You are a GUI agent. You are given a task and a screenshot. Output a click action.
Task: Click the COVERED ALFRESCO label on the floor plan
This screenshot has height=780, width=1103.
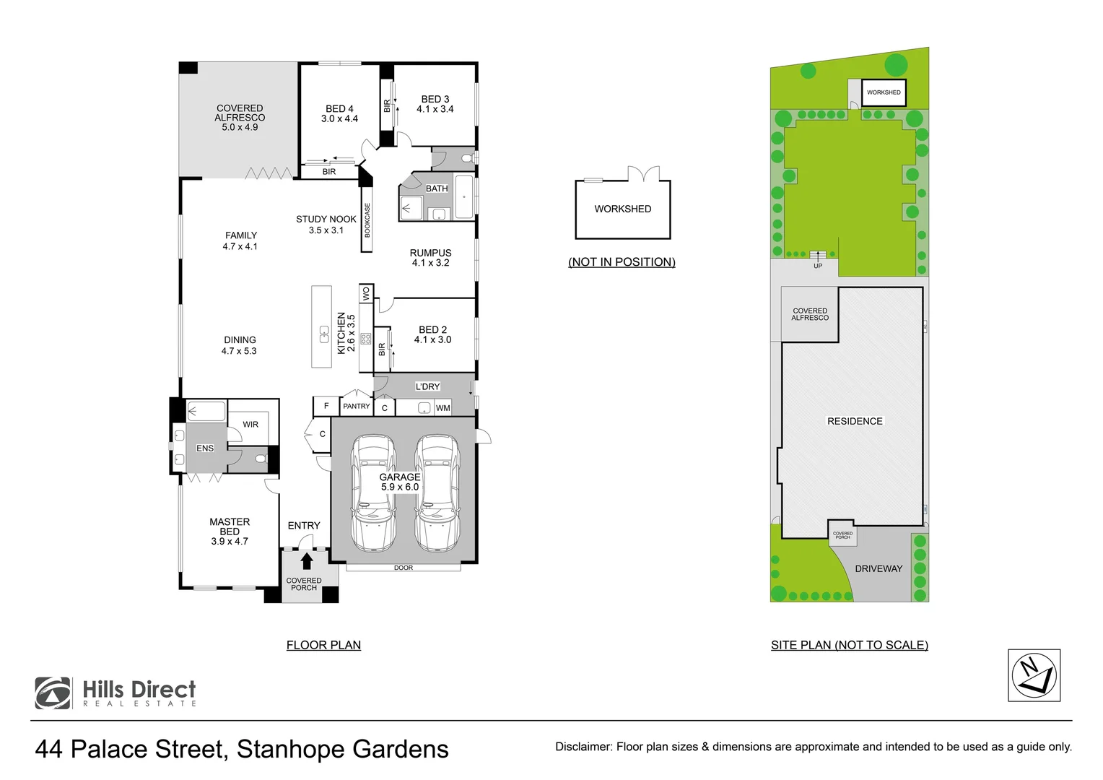pyautogui.click(x=240, y=113)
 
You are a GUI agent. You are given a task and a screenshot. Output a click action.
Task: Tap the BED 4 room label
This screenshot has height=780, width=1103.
pyautogui.click(x=339, y=109)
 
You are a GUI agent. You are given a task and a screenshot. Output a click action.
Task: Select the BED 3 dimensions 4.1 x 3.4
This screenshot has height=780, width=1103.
pyautogui.click(x=435, y=109)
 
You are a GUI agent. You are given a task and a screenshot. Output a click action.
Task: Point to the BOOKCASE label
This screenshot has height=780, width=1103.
pyautogui.click(x=367, y=220)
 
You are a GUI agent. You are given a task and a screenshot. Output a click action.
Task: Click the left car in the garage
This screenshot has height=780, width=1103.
pyautogui.click(x=372, y=494)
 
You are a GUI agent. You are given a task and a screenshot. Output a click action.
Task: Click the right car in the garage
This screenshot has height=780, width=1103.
pyautogui.click(x=437, y=494)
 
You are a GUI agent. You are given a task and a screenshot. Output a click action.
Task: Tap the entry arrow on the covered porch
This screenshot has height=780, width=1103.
pyautogui.click(x=306, y=561)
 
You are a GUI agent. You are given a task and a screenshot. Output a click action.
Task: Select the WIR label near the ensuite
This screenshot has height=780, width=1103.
pyautogui.click(x=250, y=425)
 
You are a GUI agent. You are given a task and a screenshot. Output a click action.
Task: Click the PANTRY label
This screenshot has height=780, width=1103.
pyautogui.click(x=356, y=407)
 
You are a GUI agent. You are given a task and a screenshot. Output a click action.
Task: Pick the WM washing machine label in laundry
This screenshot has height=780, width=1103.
pyautogui.click(x=442, y=408)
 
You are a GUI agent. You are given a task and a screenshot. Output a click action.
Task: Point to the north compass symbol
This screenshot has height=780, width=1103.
pyautogui.click(x=1034, y=675)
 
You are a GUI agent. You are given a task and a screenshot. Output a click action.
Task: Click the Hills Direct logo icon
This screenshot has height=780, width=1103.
pyautogui.click(x=53, y=693)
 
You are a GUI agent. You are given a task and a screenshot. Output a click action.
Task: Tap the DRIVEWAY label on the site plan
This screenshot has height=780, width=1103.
pyautogui.click(x=879, y=568)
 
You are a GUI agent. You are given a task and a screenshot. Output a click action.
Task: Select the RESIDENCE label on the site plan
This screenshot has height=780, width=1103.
pyautogui.click(x=855, y=421)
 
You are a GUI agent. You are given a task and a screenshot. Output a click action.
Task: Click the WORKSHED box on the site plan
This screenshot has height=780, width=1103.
pyautogui.click(x=884, y=92)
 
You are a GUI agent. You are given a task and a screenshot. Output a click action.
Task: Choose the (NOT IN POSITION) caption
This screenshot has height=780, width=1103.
pyautogui.click(x=622, y=262)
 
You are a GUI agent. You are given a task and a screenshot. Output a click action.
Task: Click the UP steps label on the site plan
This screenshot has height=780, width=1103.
pyautogui.click(x=818, y=266)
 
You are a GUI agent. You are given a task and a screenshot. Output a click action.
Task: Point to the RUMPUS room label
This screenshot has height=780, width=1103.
pyautogui.click(x=430, y=253)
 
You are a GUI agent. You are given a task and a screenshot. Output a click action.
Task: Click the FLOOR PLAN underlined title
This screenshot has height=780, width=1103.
pyautogui.click(x=323, y=645)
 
